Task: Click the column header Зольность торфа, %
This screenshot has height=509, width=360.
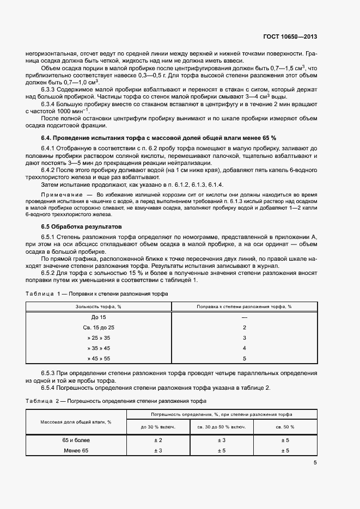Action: point(99,306)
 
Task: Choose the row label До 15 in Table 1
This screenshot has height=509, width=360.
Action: point(99,317)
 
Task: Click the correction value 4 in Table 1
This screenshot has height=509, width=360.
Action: point(245,348)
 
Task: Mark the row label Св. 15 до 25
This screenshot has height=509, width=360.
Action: point(99,327)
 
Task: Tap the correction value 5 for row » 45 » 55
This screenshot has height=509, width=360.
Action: point(245,358)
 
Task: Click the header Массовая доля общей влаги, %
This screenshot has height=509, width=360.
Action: point(76,422)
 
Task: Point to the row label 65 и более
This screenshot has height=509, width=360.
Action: point(76,440)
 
